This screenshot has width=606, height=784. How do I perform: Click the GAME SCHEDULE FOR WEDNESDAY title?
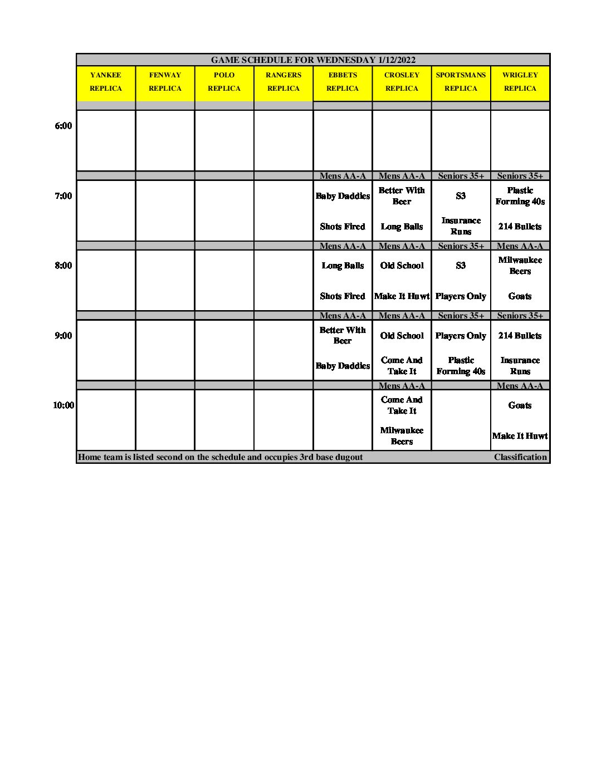click(x=313, y=60)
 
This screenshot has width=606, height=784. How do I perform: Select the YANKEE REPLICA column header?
click(x=105, y=82)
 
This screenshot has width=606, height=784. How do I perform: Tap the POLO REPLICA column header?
click(x=224, y=82)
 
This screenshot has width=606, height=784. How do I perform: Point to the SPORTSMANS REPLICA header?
click(x=461, y=82)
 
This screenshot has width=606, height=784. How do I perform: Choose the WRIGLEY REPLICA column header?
click(x=520, y=82)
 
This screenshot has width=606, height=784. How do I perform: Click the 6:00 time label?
click(x=63, y=126)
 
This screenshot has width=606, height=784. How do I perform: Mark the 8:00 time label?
click(x=63, y=266)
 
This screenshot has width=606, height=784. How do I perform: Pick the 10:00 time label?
click(x=63, y=405)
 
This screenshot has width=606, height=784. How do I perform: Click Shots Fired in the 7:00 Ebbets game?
click(x=343, y=227)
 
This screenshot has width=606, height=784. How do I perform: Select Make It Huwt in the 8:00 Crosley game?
click(x=402, y=296)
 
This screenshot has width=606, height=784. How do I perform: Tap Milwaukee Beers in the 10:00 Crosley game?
click(x=402, y=436)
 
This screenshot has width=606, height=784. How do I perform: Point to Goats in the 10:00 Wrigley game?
click(x=520, y=405)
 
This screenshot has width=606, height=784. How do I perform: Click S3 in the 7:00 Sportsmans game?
click(x=461, y=196)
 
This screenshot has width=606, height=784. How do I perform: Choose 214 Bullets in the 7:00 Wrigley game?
click(x=520, y=227)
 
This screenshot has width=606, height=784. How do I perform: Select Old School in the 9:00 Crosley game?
click(x=402, y=336)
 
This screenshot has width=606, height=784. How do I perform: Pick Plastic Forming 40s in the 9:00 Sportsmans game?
click(x=461, y=366)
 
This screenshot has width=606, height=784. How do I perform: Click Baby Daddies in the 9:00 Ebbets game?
click(x=343, y=366)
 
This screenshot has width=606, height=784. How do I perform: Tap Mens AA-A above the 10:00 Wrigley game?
click(x=520, y=385)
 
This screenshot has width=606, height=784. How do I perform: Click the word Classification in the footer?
click(x=520, y=457)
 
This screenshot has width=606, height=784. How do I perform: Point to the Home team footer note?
click(x=221, y=457)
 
